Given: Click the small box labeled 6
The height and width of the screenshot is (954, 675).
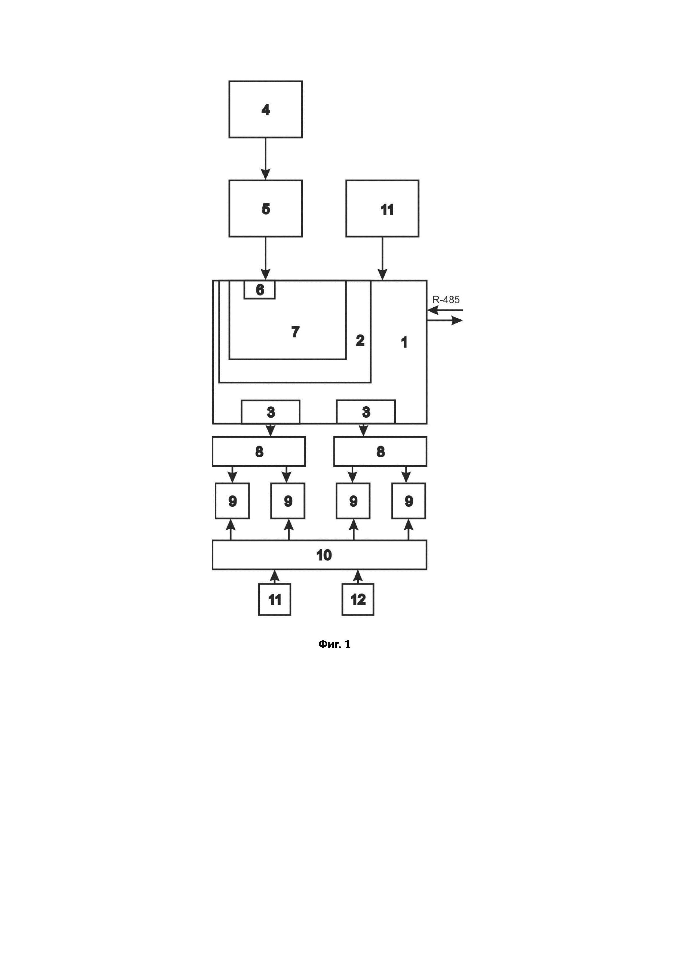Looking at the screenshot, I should pyautogui.click(x=259, y=290).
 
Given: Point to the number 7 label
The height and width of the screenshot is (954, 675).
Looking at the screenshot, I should pyautogui.click(x=295, y=332).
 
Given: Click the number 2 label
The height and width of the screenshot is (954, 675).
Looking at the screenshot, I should pyautogui.click(x=360, y=340).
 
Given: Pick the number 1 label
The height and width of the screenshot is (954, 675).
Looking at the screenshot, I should pyautogui.click(x=404, y=342).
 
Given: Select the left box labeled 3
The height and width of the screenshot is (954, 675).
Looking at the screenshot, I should pyautogui.click(x=271, y=412).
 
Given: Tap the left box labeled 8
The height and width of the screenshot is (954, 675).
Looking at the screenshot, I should pyautogui.click(x=259, y=451).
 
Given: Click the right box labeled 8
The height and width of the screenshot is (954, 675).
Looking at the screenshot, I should pyautogui.click(x=380, y=451).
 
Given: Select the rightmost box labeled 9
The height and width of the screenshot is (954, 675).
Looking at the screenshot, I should pyautogui.click(x=409, y=501).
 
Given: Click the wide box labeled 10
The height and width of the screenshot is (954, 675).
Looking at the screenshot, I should pyautogui.click(x=319, y=555).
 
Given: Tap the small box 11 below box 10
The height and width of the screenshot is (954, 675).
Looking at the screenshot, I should pyautogui.click(x=274, y=599).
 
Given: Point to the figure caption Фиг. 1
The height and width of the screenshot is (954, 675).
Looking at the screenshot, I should pyautogui.click(x=335, y=644).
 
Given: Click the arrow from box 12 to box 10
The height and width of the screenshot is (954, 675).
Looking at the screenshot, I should pyautogui.click(x=357, y=577).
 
